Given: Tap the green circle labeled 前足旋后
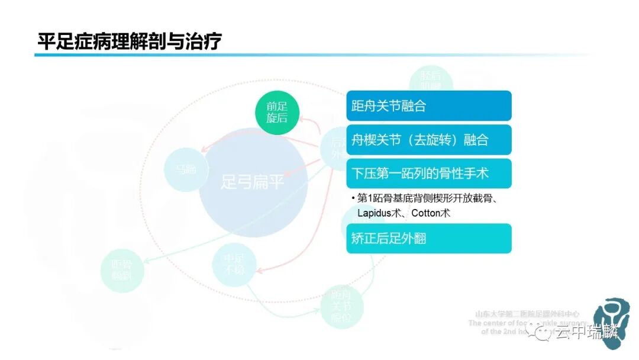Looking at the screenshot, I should click(x=277, y=112).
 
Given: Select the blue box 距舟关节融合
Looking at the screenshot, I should click(x=428, y=106).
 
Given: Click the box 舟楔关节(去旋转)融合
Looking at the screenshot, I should click(x=428, y=140).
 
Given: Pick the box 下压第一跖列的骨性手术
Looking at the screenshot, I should click(x=428, y=173).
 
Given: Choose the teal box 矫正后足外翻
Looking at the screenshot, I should click(x=428, y=239).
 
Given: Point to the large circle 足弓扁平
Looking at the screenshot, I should click(x=253, y=182).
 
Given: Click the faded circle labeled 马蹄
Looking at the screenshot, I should click(x=185, y=169).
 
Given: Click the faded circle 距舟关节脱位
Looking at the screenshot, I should click(x=341, y=306).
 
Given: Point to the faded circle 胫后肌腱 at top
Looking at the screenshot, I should click(x=431, y=82).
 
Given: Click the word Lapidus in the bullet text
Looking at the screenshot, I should click(x=373, y=213).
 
